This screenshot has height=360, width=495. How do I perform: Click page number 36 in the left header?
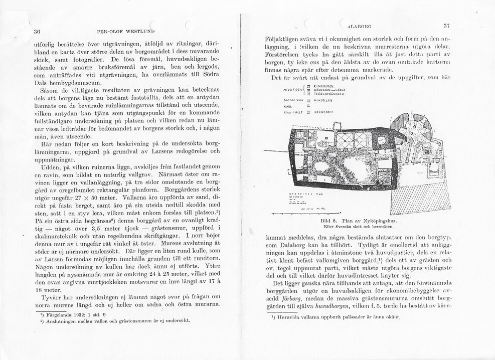click(x=37, y=31)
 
